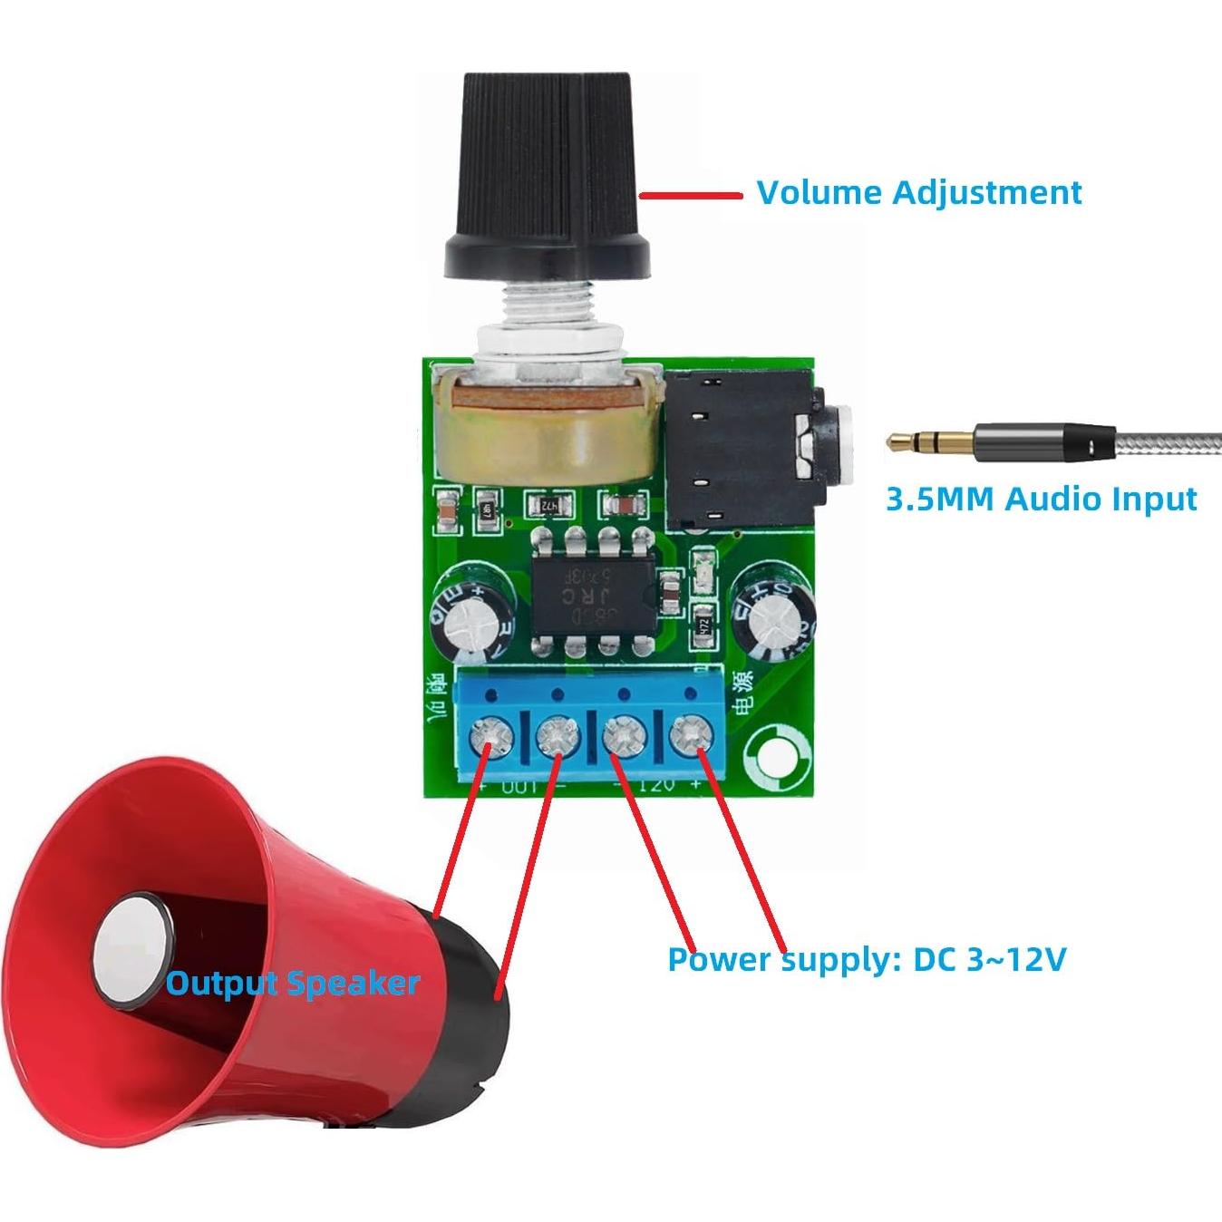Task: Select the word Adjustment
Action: coord(987,193)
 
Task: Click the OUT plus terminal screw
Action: coord(490,736)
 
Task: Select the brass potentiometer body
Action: coord(544,435)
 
